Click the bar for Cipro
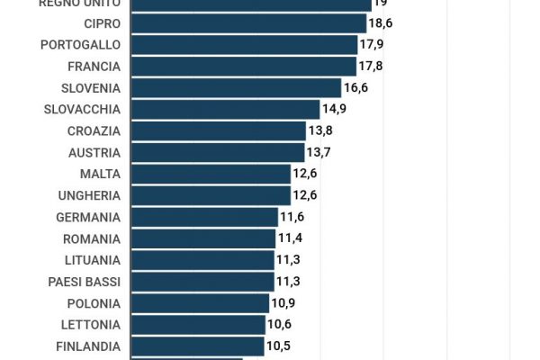(x=248, y=23)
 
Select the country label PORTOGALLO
(x=81, y=45)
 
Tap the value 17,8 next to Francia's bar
(x=372, y=67)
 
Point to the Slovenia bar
(x=237, y=88)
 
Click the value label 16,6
(x=356, y=88)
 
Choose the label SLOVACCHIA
(x=82, y=110)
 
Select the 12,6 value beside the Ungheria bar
(x=306, y=195)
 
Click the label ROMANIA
(x=91, y=238)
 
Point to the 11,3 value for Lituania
(x=288, y=260)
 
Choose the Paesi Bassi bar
(x=202, y=282)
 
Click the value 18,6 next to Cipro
(x=382, y=23)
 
